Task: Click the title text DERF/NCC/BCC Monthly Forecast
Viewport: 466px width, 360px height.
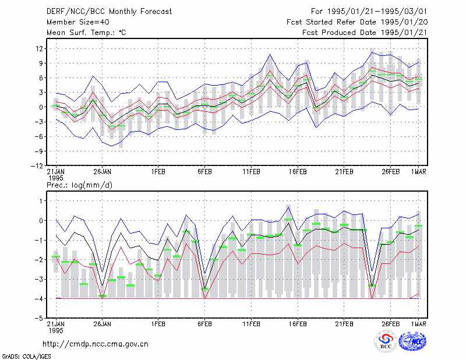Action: [109, 12]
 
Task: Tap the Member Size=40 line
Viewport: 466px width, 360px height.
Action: [78, 22]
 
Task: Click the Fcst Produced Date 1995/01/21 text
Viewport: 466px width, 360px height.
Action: [365, 33]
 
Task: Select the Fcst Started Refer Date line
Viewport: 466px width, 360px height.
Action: [357, 22]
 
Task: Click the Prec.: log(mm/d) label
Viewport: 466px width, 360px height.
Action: [79, 185]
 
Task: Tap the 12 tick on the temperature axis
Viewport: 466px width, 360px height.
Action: [39, 48]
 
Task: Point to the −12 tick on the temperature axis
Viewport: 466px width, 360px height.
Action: [37, 165]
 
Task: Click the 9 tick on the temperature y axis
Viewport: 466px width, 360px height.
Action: [41, 63]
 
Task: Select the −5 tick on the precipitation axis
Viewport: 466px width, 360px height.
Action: [39, 318]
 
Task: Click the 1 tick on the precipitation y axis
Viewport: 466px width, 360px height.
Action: [41, 201]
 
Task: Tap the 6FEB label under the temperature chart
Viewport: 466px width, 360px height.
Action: [205, 172]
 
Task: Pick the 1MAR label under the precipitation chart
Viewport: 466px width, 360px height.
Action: [418, 324]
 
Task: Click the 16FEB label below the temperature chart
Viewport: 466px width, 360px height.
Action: [298, 172]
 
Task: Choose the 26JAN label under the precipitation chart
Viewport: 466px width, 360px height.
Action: [103, 324]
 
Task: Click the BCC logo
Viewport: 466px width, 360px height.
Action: [386, 342]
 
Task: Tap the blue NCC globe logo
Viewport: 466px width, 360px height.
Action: [412, 341]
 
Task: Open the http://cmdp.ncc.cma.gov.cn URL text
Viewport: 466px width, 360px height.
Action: [96, 344]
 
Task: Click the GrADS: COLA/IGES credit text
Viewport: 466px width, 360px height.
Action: [26, 357]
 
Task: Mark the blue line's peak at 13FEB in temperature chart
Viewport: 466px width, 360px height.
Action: [270, 54]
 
